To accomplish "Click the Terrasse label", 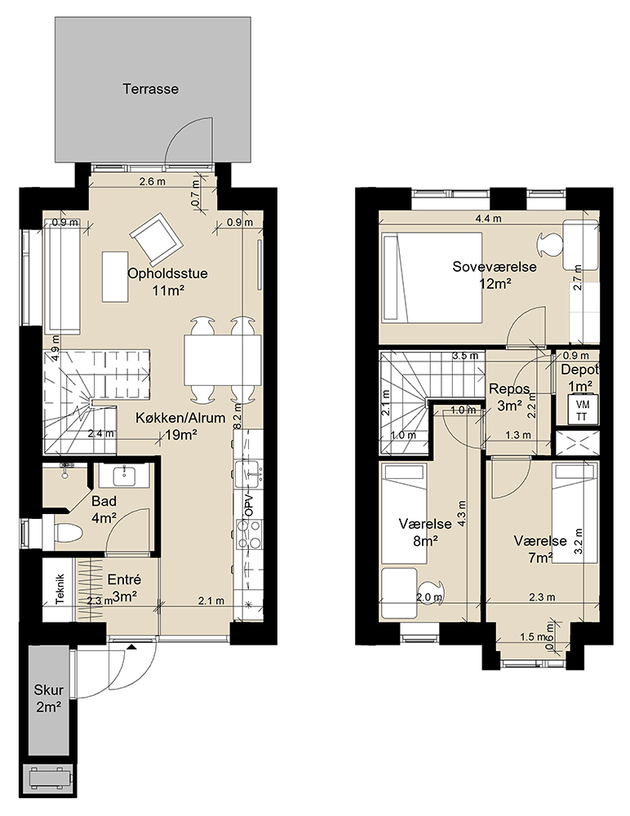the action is click(150, 89).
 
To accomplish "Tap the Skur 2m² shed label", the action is click(48, 698).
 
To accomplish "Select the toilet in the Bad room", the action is click(68, 534).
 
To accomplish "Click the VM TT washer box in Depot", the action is click(581, 410).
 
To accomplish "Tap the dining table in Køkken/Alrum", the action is click(222, 360).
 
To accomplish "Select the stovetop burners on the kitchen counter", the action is click(248, 534).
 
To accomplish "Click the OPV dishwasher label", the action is click(248, 504).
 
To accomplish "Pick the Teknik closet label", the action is click(60, 589).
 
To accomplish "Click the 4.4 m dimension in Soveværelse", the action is click(488, 219).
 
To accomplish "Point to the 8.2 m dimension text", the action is click(237, 416).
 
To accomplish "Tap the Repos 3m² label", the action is click(510, 397).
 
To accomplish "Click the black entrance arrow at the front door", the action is click(131, 647).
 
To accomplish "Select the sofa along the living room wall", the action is click(62, 282).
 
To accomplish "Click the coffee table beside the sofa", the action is click(115, 277).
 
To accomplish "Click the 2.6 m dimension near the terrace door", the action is click(152, 182).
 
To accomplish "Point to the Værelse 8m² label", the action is click(425, 532).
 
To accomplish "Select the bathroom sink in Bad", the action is click(124, 475).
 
